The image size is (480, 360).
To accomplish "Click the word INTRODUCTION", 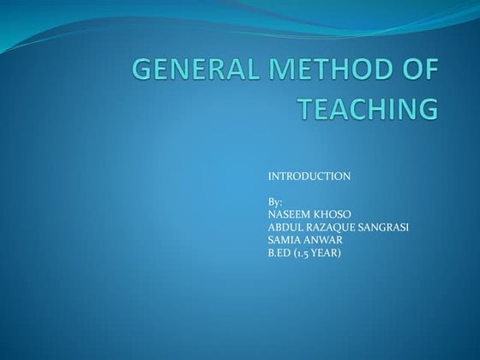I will click(309, 177).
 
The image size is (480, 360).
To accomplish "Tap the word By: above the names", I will click(276, 201).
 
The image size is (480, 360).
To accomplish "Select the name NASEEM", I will click(287, 214).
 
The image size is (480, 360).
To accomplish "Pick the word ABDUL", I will click(285, 227).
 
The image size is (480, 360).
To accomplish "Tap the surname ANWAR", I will click(323, 240).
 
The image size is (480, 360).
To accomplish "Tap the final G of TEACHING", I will click(426, 111).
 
